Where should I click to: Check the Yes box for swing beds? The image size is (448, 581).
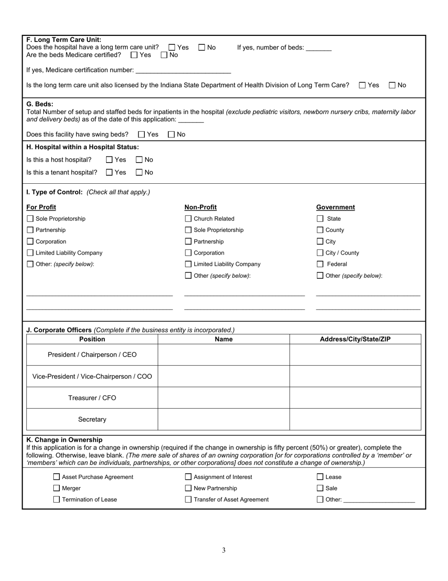pyautogui.click(x=141, y=135)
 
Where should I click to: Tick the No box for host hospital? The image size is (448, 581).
pyautogui.click(x=139, y=160)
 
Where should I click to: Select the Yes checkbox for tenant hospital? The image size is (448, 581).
pyautogui.click(x=109, y=172)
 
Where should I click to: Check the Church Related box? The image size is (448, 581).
pyautogui.click(x=188, y=219)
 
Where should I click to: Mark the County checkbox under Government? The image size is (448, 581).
pyautogui.click(x=320, y=230)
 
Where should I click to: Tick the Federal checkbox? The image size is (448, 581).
pyautogui.click(x=320, y=264)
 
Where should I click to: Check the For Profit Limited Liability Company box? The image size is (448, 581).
pyautogui.click(x=30, y=253)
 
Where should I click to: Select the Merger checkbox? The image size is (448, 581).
pyautogui.click(x=57, y=488)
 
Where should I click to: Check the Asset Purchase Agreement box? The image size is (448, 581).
pyautogui.click(x=57, y=477)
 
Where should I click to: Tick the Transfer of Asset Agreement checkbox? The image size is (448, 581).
pyautogui.click(x=188, y=499)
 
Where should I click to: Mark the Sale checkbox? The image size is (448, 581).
pyautogui.click(x=320, y=488)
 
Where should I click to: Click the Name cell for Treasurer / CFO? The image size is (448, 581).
pyautogui.click(x=224, y=398)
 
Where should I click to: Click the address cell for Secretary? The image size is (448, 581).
pyautogui.click(x=355, y=419)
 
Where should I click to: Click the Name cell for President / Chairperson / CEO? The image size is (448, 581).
pyautogui.click(x=224, y=355)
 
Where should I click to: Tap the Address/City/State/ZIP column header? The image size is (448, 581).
pyautogui.click(x=355, y=339)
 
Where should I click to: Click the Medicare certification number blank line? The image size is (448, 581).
pyautogui.click(x=183, y=70)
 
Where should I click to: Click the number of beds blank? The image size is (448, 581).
pyautogui.click(x=319, y=48)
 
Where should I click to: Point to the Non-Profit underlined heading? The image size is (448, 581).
pyautogui.click(x=200, y=207)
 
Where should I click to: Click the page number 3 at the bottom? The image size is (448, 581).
pyautogui.click(x=224, y=550)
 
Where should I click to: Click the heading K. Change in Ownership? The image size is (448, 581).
pyautogui.click(x=64, y=440)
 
